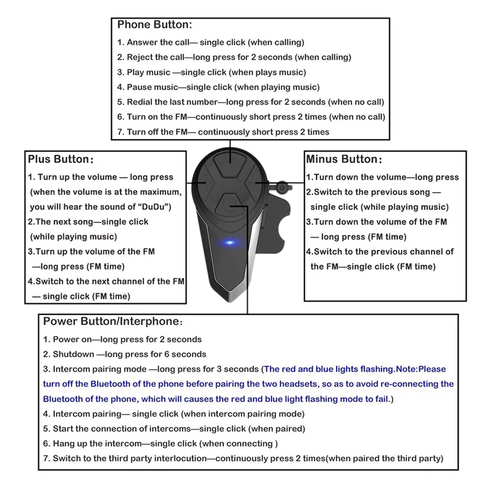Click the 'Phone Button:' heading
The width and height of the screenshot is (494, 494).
(x=154, y=25)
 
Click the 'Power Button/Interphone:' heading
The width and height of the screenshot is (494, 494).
(x=112, y=322)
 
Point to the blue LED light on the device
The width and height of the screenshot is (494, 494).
(x=230, y=242)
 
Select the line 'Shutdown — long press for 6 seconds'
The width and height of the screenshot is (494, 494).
(x=125, y=354)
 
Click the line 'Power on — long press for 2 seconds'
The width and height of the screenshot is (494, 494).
(x=122, y=340)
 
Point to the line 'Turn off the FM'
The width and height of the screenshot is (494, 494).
(x=223, y=132)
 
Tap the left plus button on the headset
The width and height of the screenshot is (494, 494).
(x=204, y=183)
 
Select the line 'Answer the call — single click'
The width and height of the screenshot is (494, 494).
(x=211, y=43)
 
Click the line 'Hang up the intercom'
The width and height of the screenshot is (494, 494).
(x=161, y=443)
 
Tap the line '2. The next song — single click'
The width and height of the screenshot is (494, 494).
(x=88, y=222)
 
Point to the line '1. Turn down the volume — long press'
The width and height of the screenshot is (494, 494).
(x=382, y=177)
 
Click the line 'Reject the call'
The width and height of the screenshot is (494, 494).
(x=234, y=57)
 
